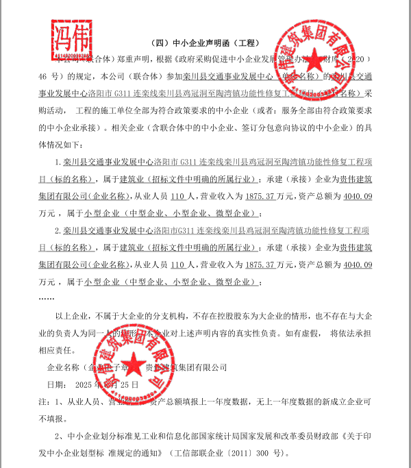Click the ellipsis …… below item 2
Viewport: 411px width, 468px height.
47,298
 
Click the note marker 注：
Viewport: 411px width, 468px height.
44,401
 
